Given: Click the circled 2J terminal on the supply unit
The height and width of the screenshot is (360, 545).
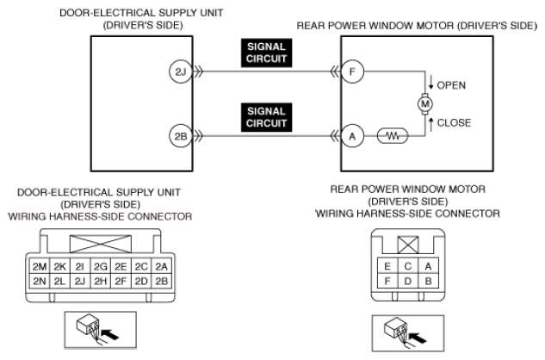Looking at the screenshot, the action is coord(181,72).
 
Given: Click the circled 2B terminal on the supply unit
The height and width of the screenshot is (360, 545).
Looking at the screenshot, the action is coord(181,136).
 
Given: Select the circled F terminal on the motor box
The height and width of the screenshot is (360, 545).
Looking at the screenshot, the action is coord(352,71).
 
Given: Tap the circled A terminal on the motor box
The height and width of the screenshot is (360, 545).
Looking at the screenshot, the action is coord(352,136).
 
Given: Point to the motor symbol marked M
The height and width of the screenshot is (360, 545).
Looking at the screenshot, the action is coord(424,103).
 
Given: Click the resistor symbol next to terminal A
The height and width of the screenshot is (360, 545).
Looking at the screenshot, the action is coord(393,136).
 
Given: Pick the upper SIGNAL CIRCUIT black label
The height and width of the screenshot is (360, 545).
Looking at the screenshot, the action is coord(267,53).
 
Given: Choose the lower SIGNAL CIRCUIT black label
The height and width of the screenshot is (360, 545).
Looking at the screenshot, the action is coord(267,117).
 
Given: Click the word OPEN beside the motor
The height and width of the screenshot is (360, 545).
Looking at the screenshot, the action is coord(451,85).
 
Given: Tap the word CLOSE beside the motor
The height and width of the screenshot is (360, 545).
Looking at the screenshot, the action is coord(454,123).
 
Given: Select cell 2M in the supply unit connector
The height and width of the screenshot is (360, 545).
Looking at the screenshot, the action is coord(40,266).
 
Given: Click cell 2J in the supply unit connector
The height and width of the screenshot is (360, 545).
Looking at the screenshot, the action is coord(80,281).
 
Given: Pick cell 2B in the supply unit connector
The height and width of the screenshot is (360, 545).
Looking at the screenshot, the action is coord(161,281).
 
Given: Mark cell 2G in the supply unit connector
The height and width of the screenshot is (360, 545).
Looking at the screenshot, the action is coord(101,266).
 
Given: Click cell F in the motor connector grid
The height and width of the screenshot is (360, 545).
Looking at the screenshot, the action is coord(387,281).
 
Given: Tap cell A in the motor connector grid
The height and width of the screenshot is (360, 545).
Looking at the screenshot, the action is coord(428,266).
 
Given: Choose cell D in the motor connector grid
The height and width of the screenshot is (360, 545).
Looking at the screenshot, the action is coord(408,281).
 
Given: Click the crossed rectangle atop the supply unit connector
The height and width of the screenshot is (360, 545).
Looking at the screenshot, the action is coord(101,244).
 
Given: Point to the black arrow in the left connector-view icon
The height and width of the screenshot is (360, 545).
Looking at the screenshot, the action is coord(111,335).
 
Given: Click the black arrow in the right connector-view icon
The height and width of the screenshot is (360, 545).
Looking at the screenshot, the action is coord(418,338).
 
